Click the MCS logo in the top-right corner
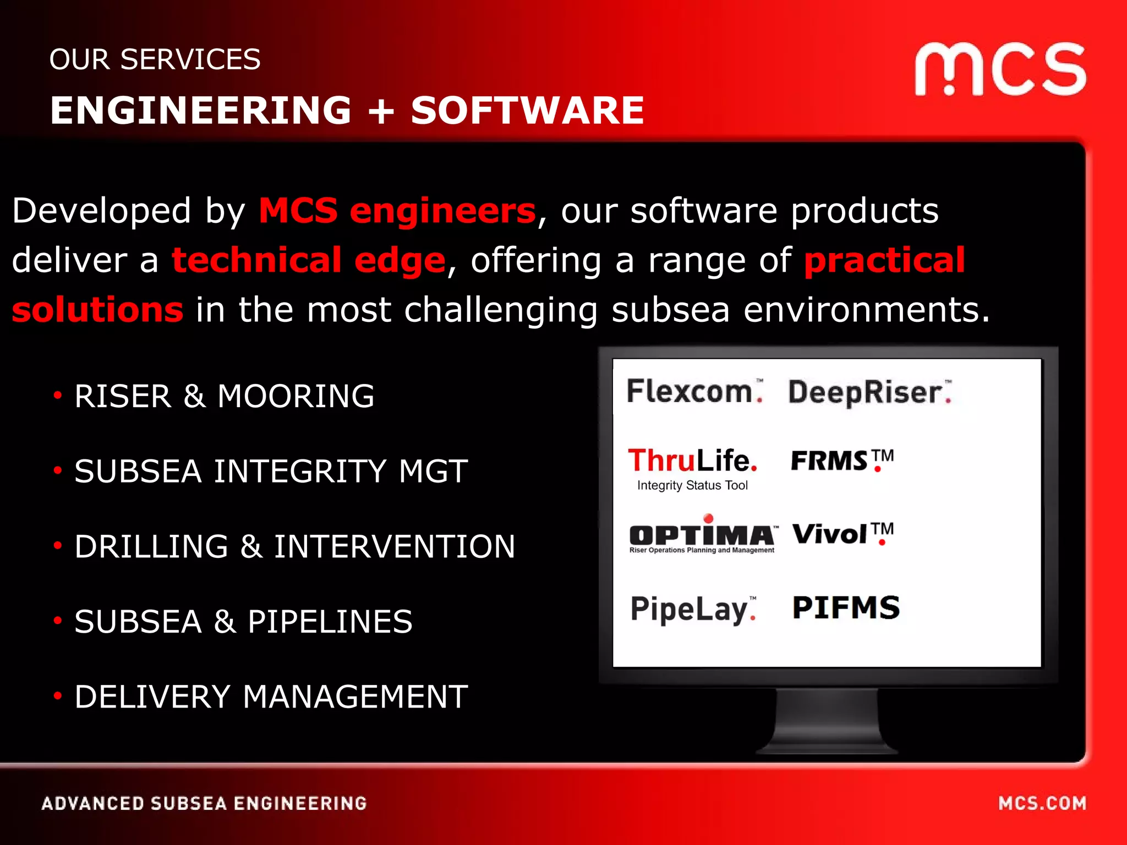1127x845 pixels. click(1000, 70)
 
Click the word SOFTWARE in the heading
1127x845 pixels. click(527, 111)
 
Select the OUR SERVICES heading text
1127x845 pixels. click(155, 59)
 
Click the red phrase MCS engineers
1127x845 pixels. click(397, 211)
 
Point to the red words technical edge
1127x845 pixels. click(308, 260)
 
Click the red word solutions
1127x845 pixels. click(97, 310)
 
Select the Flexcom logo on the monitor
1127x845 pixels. click(694, 392)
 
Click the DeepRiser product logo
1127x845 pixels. click(869, 393)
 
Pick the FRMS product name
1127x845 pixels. click(841, 460)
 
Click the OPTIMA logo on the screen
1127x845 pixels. click(702, 535)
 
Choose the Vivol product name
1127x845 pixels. click(841, 534)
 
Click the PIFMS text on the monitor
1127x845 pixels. click(846, 608)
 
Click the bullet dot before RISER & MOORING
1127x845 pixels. click(58, 395)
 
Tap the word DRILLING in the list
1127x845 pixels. click(151, 546)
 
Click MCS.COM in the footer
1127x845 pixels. click(1042, 803)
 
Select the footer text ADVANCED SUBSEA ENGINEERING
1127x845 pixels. click(204, 803)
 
